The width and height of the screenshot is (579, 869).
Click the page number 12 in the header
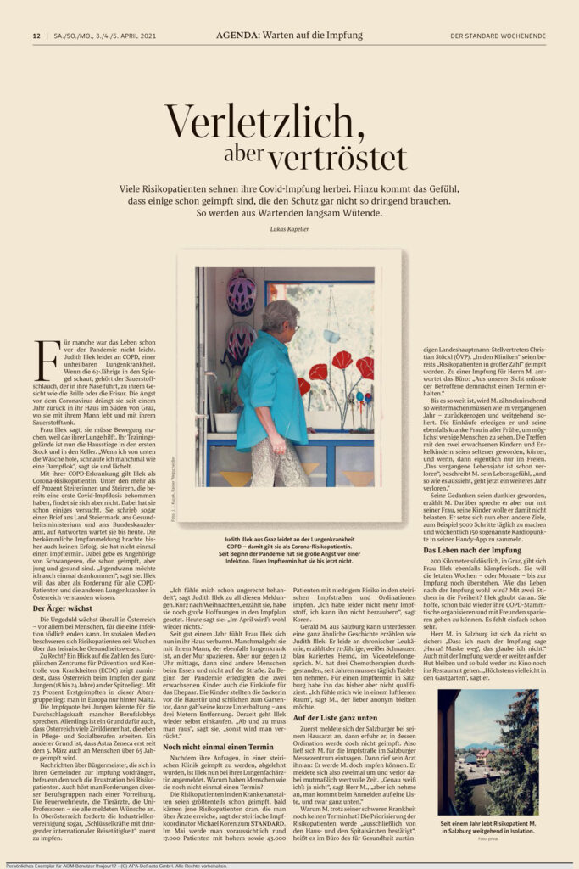(36, 36)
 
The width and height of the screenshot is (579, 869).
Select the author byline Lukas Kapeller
(289, 229)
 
